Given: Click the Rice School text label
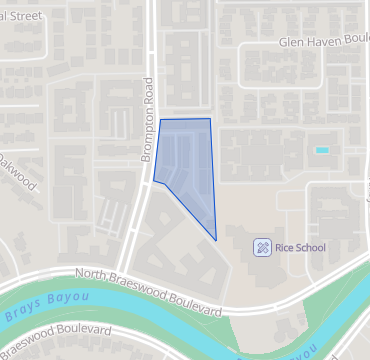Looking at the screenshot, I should (300, 246).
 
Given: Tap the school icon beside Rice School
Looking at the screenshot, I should (261, 246).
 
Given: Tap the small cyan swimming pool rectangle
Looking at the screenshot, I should (322, 150).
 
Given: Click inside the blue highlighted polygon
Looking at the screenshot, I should (188, 165).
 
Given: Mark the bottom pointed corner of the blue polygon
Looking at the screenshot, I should (216, 240).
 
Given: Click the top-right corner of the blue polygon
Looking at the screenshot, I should (210, 119).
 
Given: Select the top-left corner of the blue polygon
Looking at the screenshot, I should (161, 120).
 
